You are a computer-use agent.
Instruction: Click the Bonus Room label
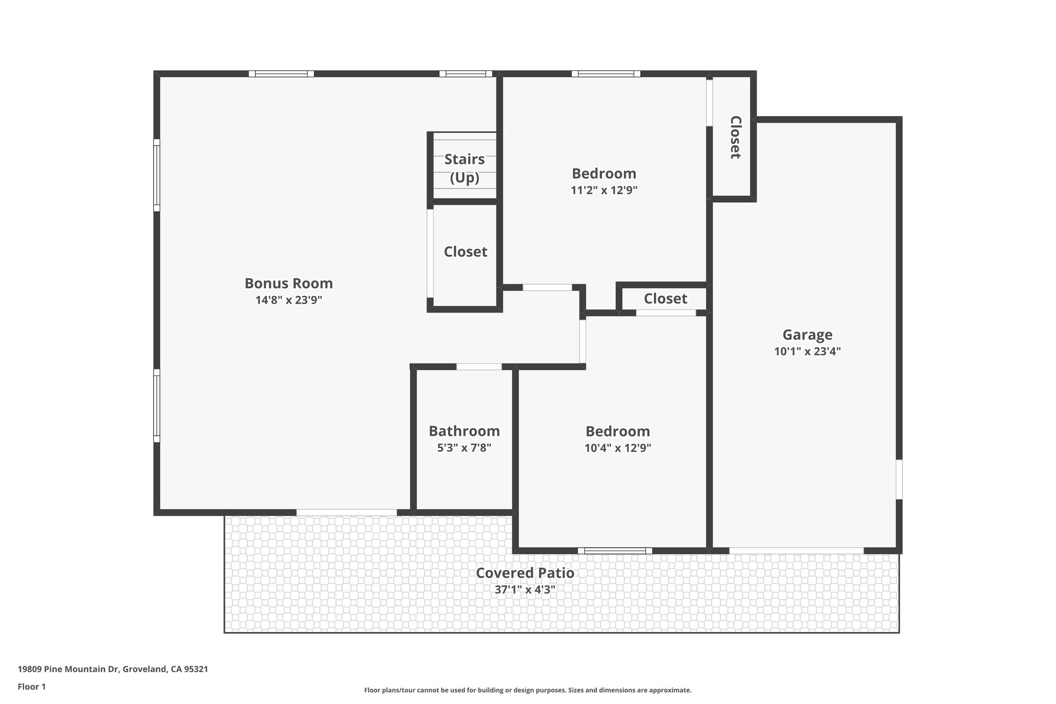click(x=288, y=283)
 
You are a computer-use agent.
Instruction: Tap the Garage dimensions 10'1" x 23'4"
click(x=807, y=352)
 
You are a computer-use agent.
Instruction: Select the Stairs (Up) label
click(x=464, y=168)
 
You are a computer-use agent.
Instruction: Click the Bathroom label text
click(x=464, y=431)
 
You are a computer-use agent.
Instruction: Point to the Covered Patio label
click(x=524, y=573)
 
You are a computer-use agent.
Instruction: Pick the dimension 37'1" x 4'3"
click(x=524, y=590)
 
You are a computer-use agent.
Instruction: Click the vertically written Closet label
click(x=735, y=137)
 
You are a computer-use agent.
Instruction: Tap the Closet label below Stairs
click(x=465, y=252)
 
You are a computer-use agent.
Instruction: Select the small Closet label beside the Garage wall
click(x=665, y=299)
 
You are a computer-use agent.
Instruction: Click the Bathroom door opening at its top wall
click(x=479, y=367)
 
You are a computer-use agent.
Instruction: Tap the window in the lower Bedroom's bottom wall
click(x=615, y=551)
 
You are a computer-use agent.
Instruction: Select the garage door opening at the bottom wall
click(x=796, y=551)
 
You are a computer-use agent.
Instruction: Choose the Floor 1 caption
click(x=31, y=686)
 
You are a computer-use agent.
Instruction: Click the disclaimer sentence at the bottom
click(x=527, y=690)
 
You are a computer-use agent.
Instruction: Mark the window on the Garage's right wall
click(x=899, y=480)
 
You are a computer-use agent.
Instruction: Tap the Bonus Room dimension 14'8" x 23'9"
click(x=288, y=300)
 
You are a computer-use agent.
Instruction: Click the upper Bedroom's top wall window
click(x=606, y=74)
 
